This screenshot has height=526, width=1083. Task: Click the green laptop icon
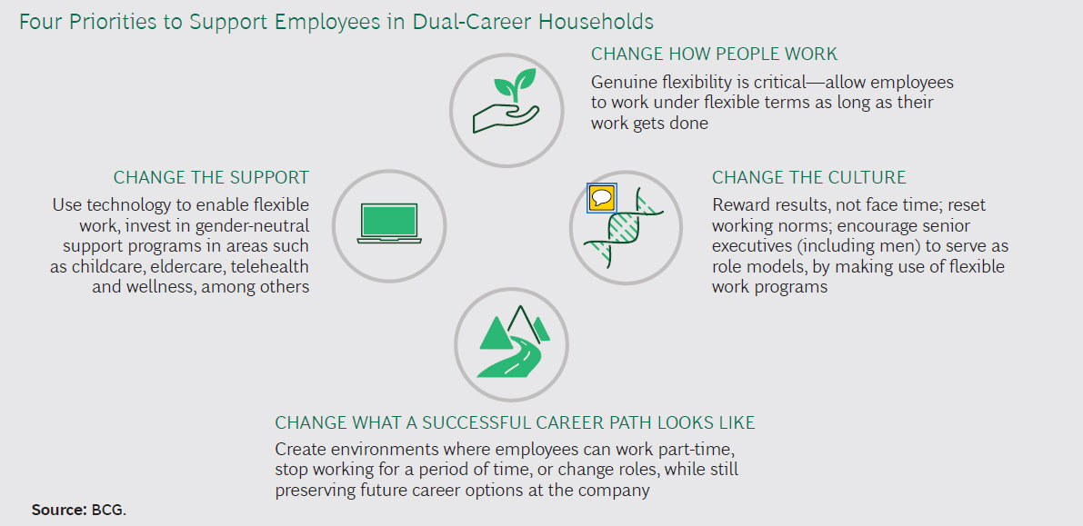coord(389,223)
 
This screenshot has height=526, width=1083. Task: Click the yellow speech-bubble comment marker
coord(601,198)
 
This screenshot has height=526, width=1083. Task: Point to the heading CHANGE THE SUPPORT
coord(211,177)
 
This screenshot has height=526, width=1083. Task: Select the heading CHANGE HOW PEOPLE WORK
coord(714,54)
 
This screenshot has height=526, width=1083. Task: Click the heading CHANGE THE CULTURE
coord(808,177)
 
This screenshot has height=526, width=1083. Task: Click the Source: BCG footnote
coord(79,511)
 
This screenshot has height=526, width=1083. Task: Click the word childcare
coord(101,266)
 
